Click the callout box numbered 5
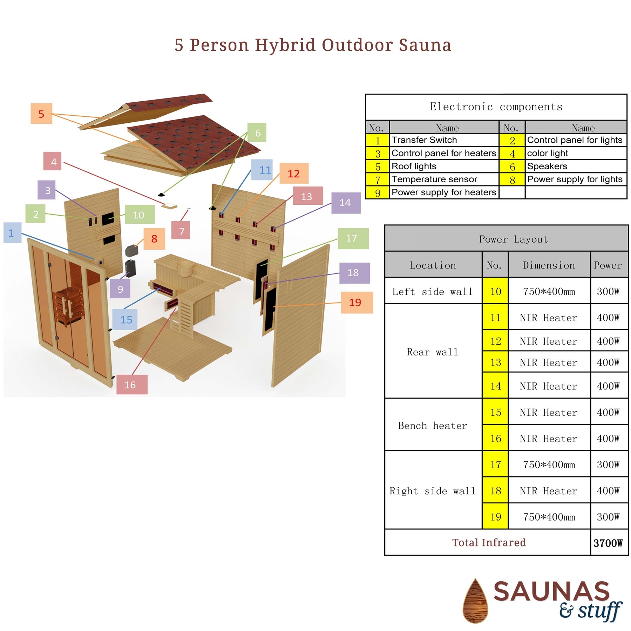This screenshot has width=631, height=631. [x=41, y=114]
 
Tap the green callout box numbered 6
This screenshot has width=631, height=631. [x=257, y=133]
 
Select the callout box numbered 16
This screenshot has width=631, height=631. [x=132, y=385]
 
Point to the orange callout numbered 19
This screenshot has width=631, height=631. [x=357, y=302]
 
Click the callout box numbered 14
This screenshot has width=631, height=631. [x=346, y=203]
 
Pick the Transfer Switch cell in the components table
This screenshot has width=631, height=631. [x=443, y=140]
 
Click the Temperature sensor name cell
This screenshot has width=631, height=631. [x=443, y=179]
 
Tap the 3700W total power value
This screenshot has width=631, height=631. [x=608, y=543]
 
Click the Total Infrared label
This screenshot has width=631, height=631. [x=488, y=543]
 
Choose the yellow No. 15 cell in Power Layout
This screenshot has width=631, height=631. [x=495, y=412]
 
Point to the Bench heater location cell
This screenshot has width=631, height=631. [x=433, y=425]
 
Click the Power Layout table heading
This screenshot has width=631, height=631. [x=513, y=239]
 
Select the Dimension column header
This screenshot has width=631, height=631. [x=549, y=265]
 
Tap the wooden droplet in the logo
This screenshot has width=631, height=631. [x=475, y=601]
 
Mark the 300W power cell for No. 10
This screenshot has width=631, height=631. [x=608, y=291]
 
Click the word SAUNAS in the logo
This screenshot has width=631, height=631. [x=551, y=591]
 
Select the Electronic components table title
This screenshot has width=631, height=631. [x=496, y=107]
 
